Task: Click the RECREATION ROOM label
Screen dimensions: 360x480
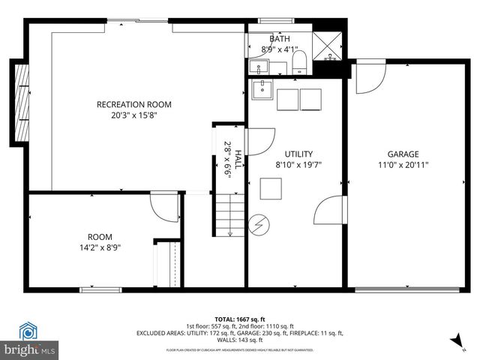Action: tap(133, 104)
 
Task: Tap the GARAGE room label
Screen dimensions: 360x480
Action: tap(403, 154)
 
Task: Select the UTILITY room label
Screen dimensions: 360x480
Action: tap(298, 154)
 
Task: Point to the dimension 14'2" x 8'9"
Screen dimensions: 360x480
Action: tap(100, 247)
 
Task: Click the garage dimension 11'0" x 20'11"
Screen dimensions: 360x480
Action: tap(403, 165)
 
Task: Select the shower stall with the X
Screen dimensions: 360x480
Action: tap(327, 46)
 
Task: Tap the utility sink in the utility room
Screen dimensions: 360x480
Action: tap(262, 91)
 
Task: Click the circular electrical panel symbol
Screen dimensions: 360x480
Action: tap(258, 224)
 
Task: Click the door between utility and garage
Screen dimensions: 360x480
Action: tap(329, 209)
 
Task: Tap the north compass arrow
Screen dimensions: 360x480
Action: tap(454, 342)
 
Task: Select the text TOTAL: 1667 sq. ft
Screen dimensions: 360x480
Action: tap(239, 319)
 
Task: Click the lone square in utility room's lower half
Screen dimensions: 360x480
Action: tap(271, 188)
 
